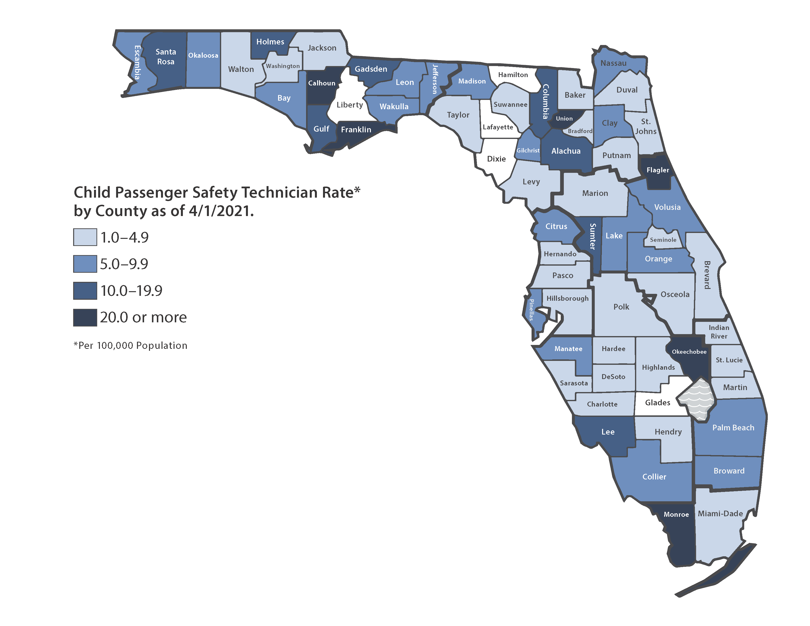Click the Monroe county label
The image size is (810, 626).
click(676, 514)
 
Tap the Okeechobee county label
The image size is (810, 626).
click(689, 352)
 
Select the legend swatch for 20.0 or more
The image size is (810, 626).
click(85, 317)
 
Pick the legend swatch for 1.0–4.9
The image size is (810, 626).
click(85, 237)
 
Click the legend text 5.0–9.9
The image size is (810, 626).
click(124, 264)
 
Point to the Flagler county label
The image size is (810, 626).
click(658, 170)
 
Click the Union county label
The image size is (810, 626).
click(564, 119)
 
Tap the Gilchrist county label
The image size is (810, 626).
click(528, 150)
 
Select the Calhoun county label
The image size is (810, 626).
click(322, 83)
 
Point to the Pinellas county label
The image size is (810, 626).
click(531, 310)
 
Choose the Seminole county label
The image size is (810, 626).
click(663, 240)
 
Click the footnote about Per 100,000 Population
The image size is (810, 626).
click(131, 346)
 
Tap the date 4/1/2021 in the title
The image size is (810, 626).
click(221, 211)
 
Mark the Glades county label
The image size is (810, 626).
click(658, 403)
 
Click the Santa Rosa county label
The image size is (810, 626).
click(166, 57)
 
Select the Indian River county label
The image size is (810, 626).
click(719, 332)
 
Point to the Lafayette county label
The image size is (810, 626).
click(498, 127)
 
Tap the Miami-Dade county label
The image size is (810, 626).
click(720, 514)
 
